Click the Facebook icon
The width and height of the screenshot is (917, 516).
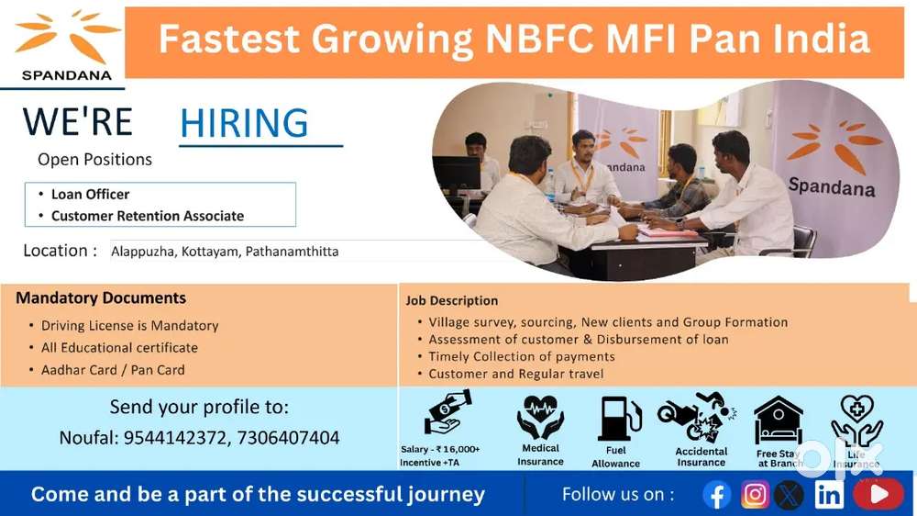click(x=717, y=495)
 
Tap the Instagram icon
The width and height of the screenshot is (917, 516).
click(x=755, y=495)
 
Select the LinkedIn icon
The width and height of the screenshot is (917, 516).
click(x=829, y=495)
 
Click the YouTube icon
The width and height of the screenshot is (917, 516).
click(x=878, y=495)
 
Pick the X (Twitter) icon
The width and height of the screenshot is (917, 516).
click(x=789, y=495)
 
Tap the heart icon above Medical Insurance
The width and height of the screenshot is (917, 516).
click(x=540, y=417)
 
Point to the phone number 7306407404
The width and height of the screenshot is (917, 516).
click(x=288, y=438)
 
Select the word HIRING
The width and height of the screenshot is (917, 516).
click(x=244, y=123)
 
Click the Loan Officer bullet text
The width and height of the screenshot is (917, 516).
click(x=90, y=194)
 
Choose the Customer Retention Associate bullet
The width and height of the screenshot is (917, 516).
click(x=147, y=216)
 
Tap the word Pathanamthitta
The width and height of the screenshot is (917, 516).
click(x=292, y=251)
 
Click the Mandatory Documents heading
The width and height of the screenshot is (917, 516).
click(x=101, y=297)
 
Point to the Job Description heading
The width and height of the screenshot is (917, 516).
click(x=452, y=300)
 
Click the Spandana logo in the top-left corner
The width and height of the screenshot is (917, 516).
click(x=66, y=44)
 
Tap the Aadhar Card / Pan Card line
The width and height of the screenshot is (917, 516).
click(x=113, y=370)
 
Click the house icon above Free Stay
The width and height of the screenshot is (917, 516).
click(x=778, y=421)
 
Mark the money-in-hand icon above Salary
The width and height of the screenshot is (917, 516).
click(x=447, y=412)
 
